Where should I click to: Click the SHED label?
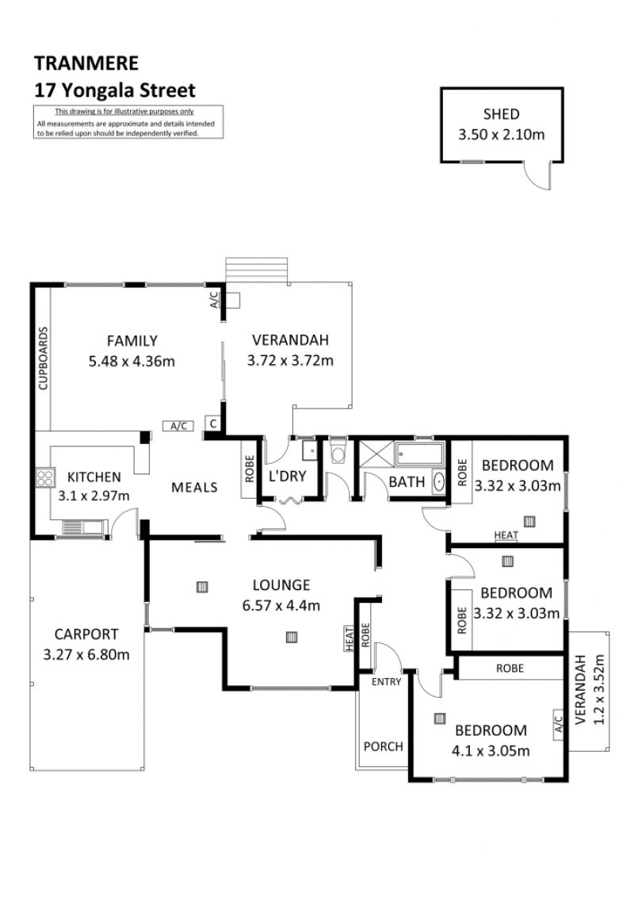pos(502,114)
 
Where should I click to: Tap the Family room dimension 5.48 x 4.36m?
pos(132,362)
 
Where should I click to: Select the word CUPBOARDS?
pos(43,358)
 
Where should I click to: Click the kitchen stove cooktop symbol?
pos(44,477)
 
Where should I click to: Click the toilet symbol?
pos(338,452)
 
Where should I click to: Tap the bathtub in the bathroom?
pos(419,454)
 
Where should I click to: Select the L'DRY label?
pos(288,476)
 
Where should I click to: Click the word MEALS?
pos(194,488)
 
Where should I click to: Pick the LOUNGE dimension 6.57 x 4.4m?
pos(281,605)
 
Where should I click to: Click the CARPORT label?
pos(86,634)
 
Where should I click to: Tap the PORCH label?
pos(383,746)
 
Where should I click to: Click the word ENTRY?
pos(387,682)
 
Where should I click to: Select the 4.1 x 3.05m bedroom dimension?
pos(491,750)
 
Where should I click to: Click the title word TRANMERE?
pos(86,63)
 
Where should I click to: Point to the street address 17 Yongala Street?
pos(115,90)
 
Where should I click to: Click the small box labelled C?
pos(212,424)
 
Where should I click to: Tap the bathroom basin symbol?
pos(439,481)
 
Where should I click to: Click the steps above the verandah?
pos(256,270)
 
